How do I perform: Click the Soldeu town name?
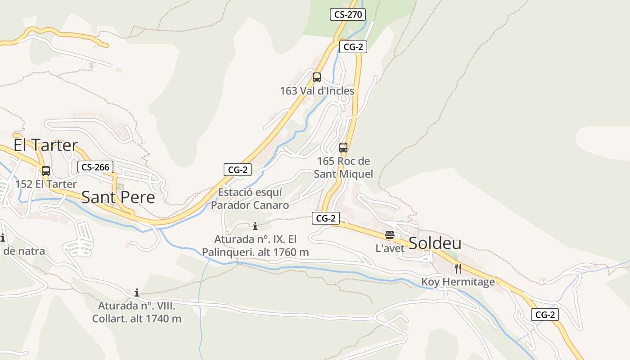pyautogui.click(x=435, y=243)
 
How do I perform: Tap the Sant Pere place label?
pyautogui.click(x=118, y=197)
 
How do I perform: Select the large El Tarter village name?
pyautogui.click(x=45, y=145)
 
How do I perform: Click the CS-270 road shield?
pyautogui.click(x=348, y=14)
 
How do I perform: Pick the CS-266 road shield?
pyautogui.click(x=95, y=167)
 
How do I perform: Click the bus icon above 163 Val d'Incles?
pyautogui.click(x=317, y=77)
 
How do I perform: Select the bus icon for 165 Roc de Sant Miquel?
pyautogui.click(x=343, y=147)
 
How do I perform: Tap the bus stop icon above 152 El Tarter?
pyautogui.click(x=46, y=171)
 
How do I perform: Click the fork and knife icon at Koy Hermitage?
pyautogui.click(x=458, y=269)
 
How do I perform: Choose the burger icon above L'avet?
pyautogui.click(x=390, y=235)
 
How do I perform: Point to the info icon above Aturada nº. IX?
pyautogui.click(x=255, y=226)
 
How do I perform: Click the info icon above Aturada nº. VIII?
pyautogui.click(x=137, y=293)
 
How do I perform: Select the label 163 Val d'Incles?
pyautogui.click(x=317, y=91)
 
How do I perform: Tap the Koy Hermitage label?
pyautogui.click(x=458, y=282)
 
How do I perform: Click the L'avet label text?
pyautogui.click(x=390, y=248)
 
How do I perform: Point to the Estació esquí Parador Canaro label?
pyautogui.click(x=250, y=199)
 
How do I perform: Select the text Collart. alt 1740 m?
pyautogui.click(x=137, y=319)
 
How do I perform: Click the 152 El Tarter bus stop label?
pyautogui.click(x=46, y=184)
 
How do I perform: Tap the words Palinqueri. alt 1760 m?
pyautogui.click(x=255, y=252)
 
